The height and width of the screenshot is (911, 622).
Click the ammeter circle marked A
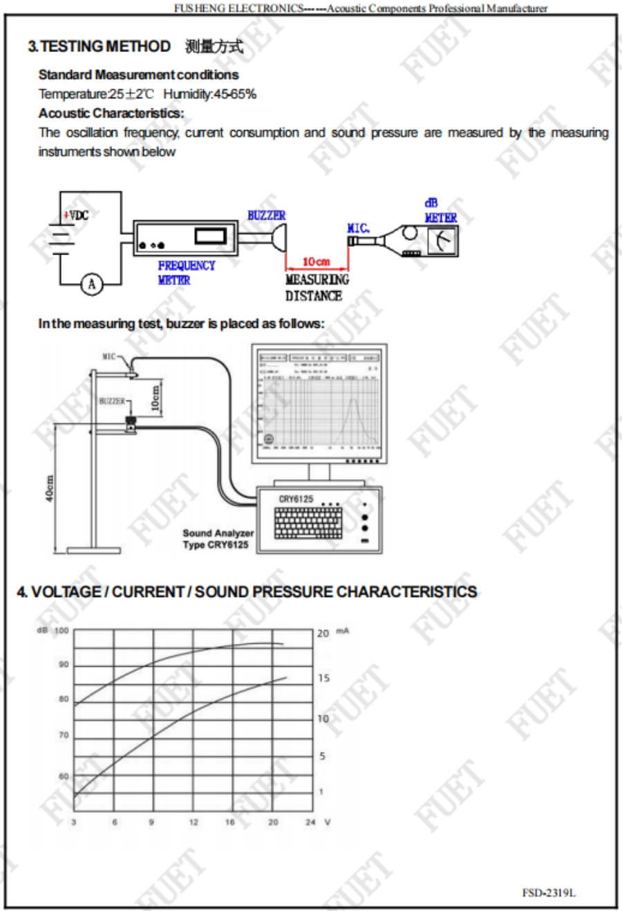click(x=92, y=284)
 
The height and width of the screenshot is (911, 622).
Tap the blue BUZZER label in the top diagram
click(x=266, y=216)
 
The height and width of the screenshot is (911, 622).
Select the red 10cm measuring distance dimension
click(x=317, y=261)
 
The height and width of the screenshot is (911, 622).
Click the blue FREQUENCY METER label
click(x=186, y=273)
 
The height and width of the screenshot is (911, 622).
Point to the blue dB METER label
click(x=440, y=211)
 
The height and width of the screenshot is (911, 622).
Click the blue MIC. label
click(x=358, y=228)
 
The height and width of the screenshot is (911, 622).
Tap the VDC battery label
click(x=77, y=215)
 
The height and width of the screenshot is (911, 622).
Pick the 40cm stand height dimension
click(x=49, y=488)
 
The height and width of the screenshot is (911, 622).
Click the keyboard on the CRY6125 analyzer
click(x=308, y=523)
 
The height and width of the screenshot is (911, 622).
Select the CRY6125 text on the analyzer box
click(x=296, y=499)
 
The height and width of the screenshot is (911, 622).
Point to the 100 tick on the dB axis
click(x=62, y=631)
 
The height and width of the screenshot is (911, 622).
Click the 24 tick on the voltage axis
click(x=310, y=822)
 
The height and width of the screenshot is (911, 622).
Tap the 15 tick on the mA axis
click(x=323, y=678)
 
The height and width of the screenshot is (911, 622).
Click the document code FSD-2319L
click(x=549, y=892)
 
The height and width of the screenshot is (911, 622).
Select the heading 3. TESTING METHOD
click(x=99, y=46)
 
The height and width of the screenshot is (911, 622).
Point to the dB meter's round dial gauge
click(x=440, y=240)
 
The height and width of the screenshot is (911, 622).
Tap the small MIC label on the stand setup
click(x=109, y=357)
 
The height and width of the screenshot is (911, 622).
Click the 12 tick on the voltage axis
click(x=194, y=822)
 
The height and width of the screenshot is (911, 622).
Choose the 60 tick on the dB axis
click(x=64, y=776)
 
